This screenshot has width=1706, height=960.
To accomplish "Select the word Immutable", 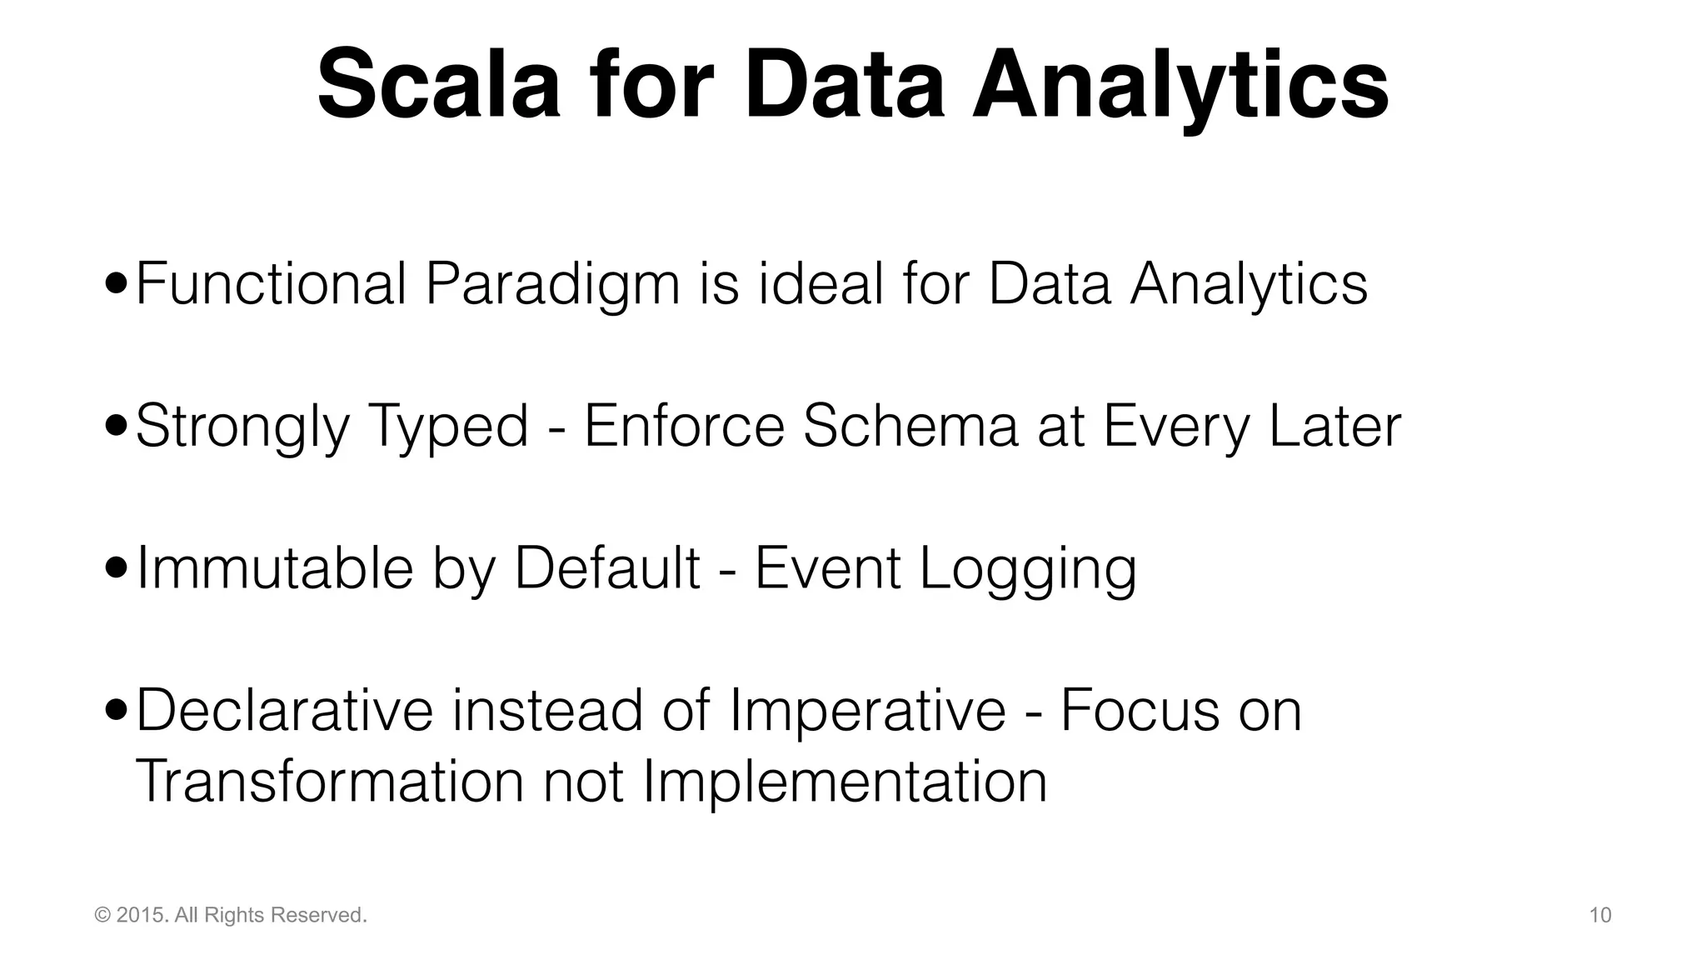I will pyautogui.click(x=275, y=568).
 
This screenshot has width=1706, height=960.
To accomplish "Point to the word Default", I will pyautogui.click(x=607, y=568).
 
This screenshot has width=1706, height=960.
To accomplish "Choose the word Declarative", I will pyautogui.click(x=284, y=711).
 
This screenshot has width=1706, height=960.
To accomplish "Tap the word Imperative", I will pyautogui.click(x=867, y=711).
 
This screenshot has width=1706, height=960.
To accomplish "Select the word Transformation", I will pyautogui.click(x=329, y=782).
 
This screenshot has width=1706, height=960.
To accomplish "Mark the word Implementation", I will pyautogui.click(x=845, y=782).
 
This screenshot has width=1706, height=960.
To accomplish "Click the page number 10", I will pyautogui.click(x=1600, y=916).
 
